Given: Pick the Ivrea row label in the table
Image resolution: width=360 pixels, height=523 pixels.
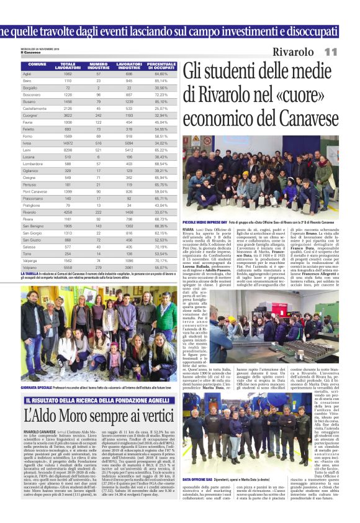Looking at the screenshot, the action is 28,143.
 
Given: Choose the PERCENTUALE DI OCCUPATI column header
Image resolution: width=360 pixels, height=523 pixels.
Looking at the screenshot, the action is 161,65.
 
